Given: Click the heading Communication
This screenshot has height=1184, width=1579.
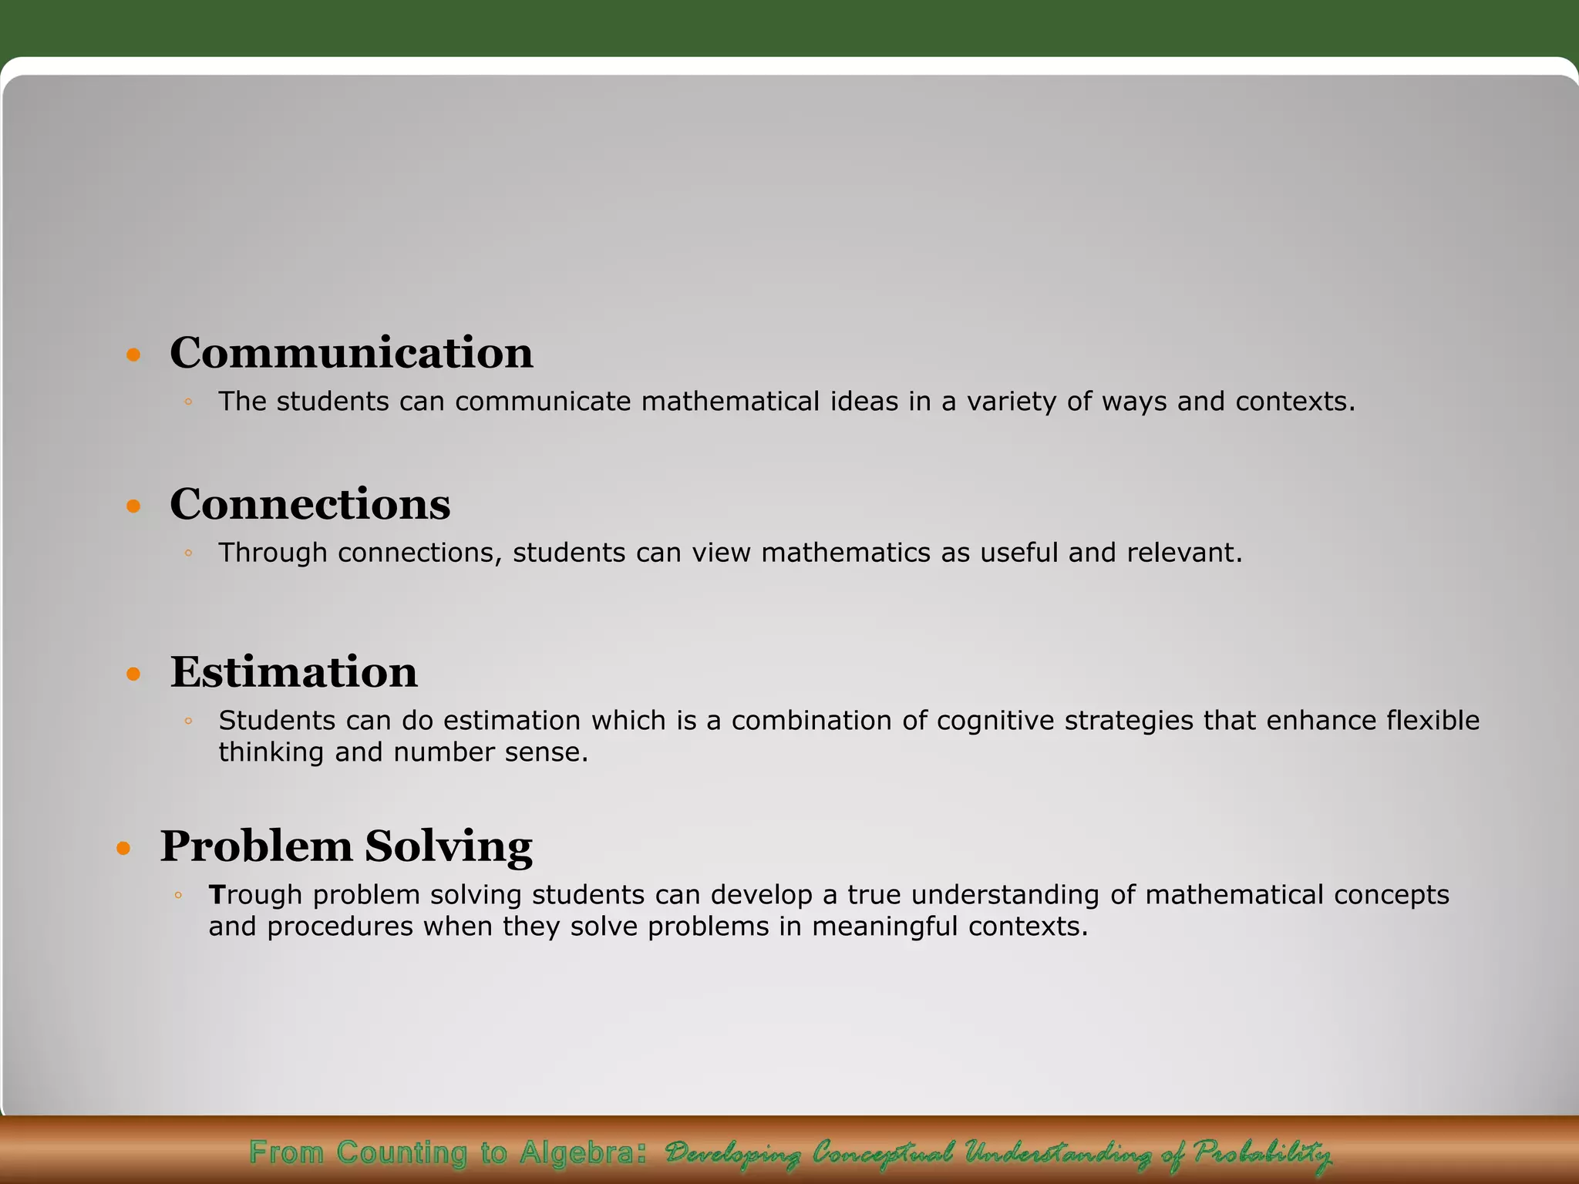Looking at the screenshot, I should [351, 354].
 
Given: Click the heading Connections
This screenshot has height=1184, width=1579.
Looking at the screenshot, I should [310, 505].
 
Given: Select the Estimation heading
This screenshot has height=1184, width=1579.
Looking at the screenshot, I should [294, 672].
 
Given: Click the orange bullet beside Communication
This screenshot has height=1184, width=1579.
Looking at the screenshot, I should [134, 355].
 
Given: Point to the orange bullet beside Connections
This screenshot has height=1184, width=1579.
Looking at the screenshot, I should [134, 506].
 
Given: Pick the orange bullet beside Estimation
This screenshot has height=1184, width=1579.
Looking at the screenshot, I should [134, 674].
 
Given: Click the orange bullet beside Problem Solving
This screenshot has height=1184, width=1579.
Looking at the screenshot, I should [124, 849].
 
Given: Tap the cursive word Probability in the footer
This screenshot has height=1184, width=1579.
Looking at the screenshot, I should [1262, 1153].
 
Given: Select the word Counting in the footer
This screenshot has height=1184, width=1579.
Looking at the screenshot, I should [401, 1153].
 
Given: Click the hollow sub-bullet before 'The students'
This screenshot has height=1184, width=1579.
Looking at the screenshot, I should [188, 402].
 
